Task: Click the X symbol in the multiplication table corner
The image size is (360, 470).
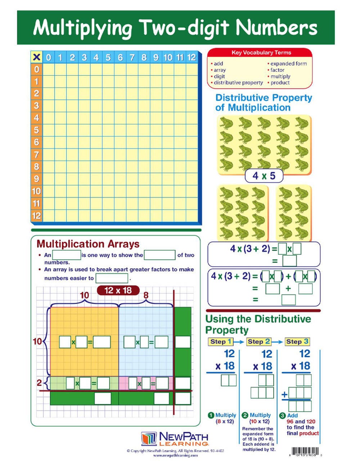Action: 36,57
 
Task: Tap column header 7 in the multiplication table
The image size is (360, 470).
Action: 132,57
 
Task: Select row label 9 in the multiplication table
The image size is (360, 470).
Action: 36,179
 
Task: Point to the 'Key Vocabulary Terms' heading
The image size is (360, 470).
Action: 261,53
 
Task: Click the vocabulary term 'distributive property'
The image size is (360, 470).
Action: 238,83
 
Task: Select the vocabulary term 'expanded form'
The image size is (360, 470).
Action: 288,64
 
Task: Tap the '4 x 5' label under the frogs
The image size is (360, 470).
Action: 264,176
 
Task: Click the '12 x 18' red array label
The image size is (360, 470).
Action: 118,290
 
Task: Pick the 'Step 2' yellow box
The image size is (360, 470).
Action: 258,341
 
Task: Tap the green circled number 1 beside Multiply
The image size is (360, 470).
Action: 211,415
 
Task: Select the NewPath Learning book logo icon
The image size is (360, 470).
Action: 149,439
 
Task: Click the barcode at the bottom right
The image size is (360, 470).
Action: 305,451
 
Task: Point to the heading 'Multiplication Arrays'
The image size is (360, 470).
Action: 88,244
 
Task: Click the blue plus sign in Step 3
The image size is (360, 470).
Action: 284,394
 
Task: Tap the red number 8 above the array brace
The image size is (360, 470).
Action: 146,296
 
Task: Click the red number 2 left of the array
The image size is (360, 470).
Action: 39,382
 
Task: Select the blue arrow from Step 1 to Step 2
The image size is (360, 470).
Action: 239,341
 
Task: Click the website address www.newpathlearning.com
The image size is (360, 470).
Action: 175,455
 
